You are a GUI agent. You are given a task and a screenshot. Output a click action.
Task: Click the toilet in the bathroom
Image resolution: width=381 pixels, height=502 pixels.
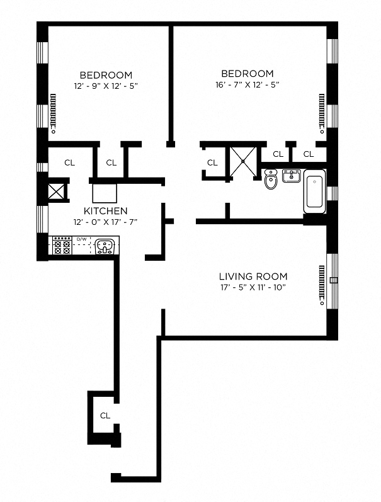271,180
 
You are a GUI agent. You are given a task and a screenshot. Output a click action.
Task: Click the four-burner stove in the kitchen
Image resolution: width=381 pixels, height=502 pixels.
62,245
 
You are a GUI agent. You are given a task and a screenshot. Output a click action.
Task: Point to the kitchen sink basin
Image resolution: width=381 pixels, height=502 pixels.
105,245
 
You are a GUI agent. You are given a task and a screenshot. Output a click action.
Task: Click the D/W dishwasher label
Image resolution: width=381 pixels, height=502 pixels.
81,239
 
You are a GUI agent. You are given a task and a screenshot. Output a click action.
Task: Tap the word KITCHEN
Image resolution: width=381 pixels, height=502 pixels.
106,211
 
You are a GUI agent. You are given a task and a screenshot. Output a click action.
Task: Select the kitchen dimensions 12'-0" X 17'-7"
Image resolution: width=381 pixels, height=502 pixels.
106,222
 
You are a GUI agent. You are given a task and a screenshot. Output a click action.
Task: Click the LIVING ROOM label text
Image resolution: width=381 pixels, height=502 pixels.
253,277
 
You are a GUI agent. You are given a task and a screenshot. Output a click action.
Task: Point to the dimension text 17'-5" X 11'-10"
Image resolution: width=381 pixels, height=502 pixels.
253,288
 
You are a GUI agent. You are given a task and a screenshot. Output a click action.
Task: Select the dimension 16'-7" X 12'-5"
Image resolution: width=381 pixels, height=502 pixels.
247,84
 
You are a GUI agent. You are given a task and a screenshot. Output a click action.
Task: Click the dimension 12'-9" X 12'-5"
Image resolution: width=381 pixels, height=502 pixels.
106,85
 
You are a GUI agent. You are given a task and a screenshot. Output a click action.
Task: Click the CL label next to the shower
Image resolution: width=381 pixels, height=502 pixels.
212,163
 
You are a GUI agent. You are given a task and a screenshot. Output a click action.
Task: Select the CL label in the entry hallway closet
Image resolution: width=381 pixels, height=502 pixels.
105,416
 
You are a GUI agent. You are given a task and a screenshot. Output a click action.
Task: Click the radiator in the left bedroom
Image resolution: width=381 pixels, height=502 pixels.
53,113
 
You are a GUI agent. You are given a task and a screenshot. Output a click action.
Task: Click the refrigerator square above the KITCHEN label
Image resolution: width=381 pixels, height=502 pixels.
104,191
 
